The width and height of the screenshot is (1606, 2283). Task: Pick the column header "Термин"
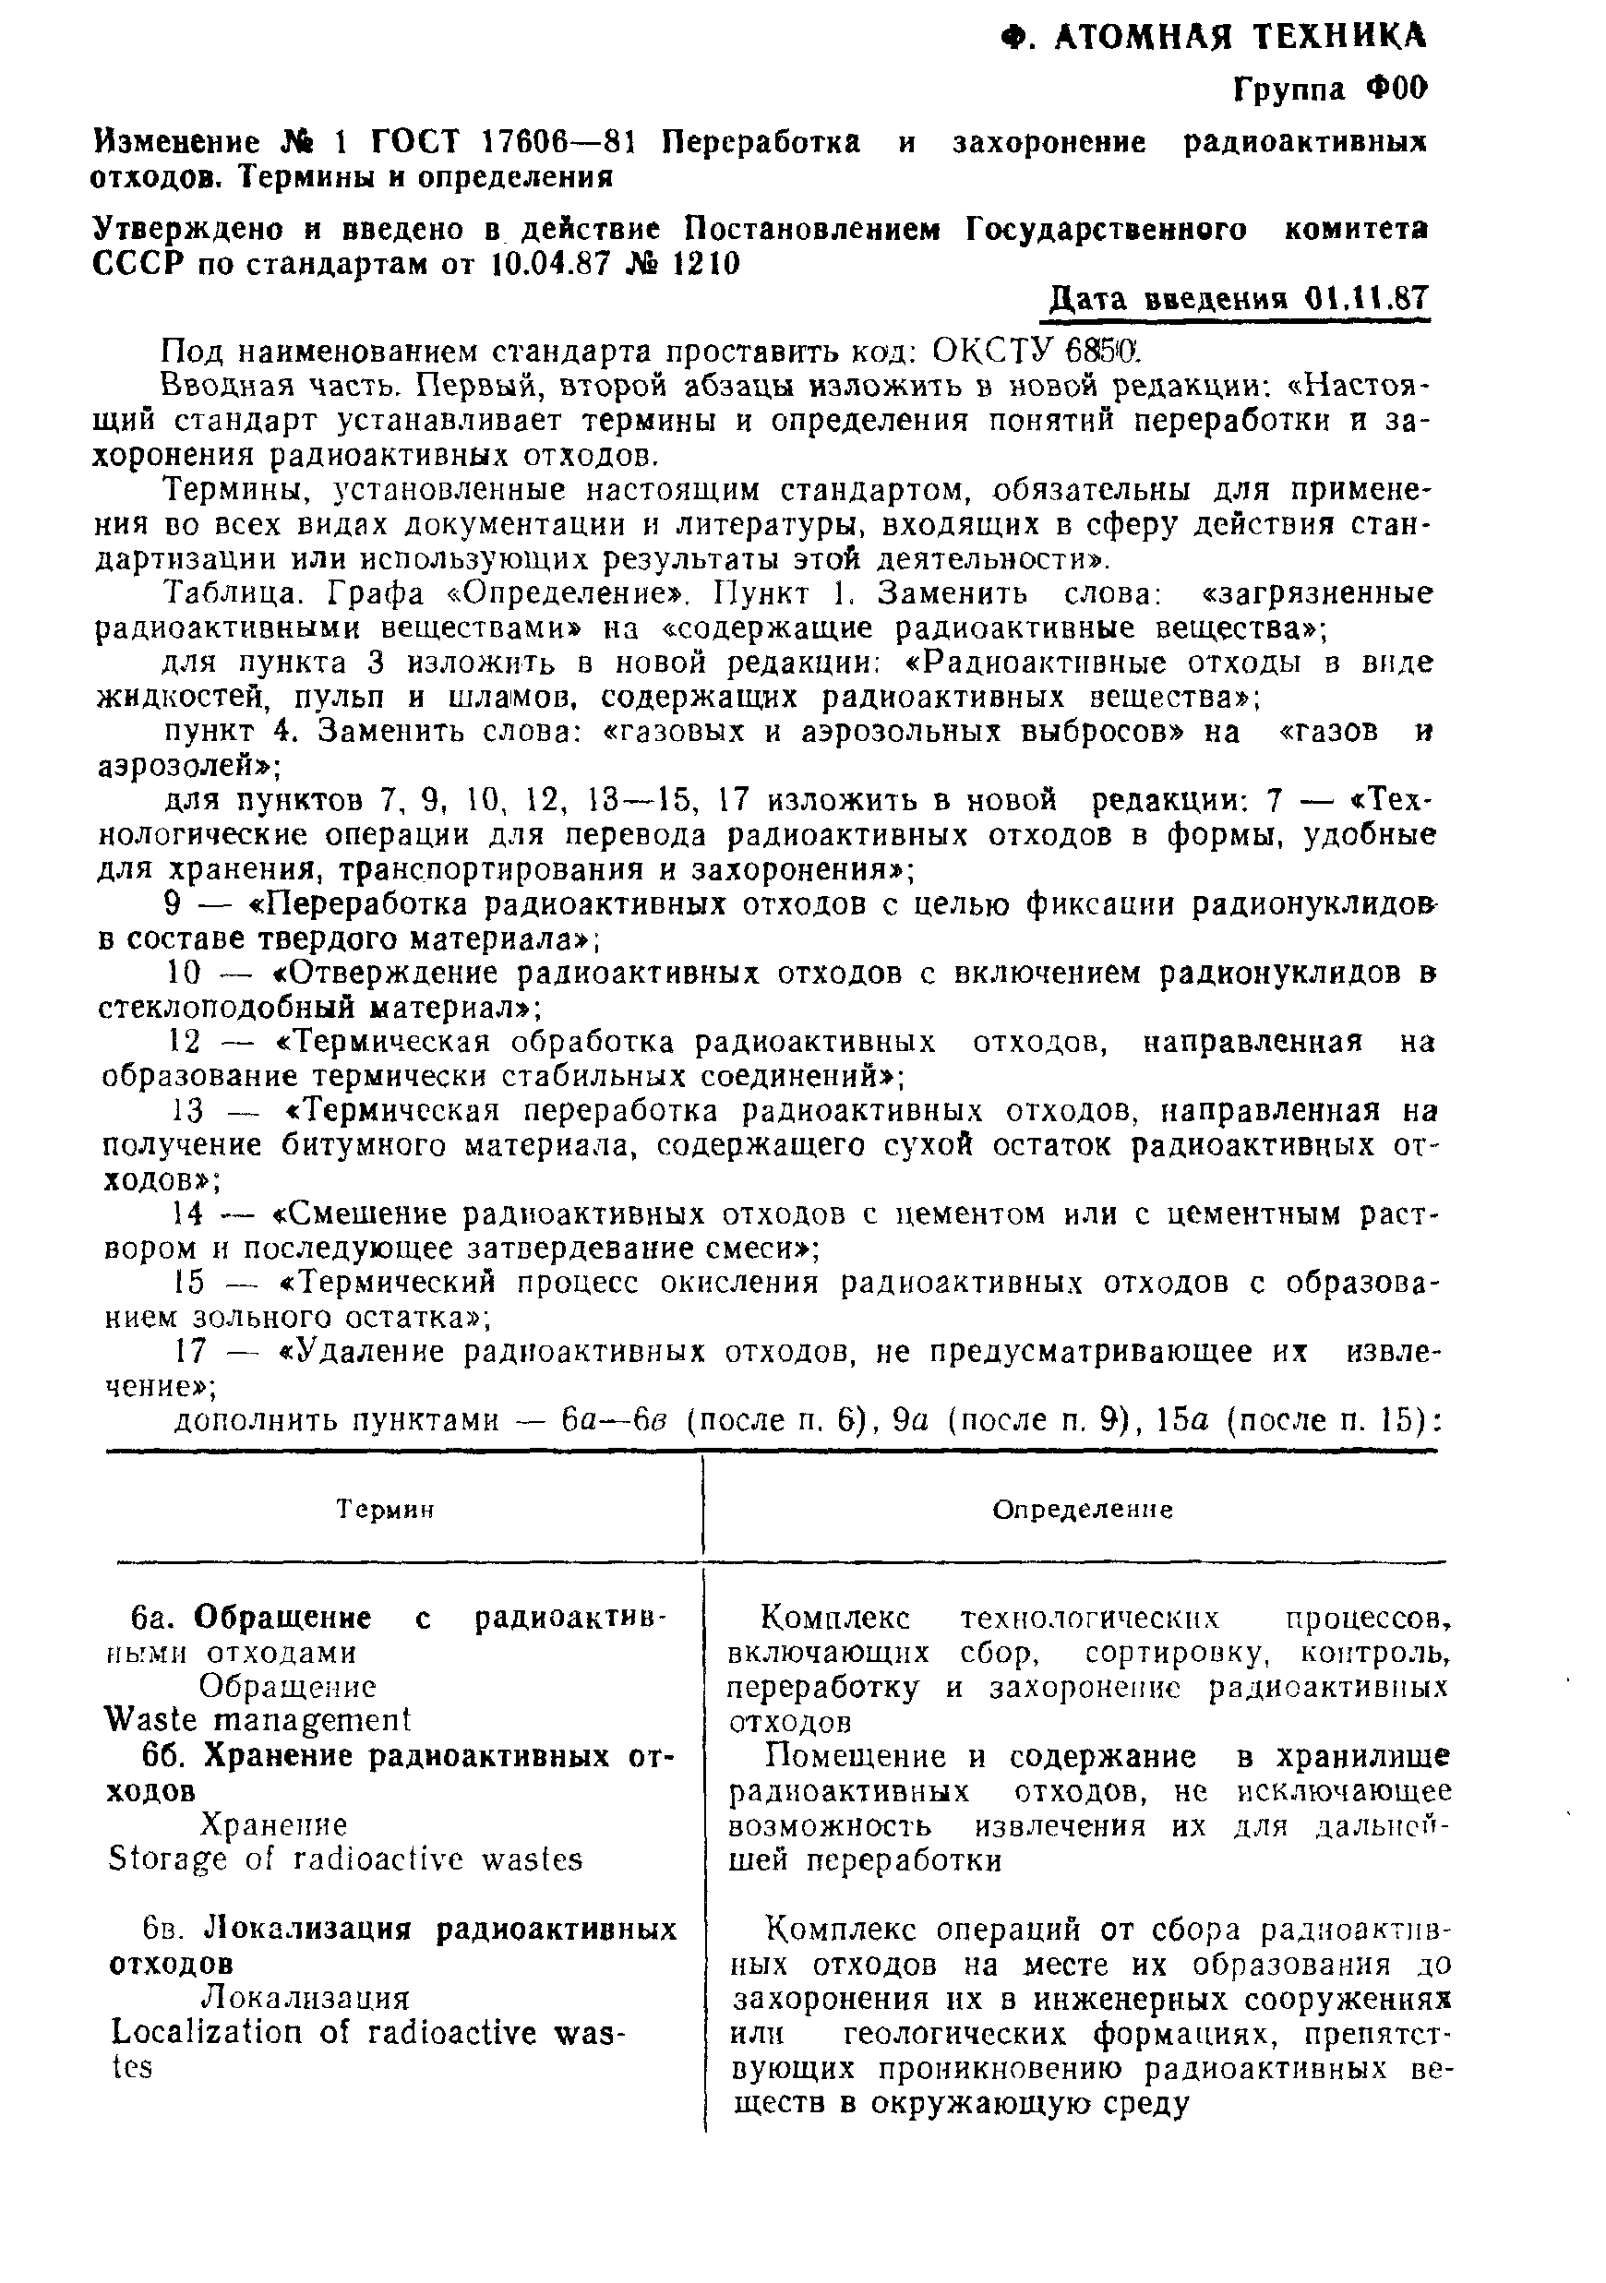386,1510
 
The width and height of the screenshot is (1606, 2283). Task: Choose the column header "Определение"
1083,1510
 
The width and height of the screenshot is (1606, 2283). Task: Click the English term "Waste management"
257,1719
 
